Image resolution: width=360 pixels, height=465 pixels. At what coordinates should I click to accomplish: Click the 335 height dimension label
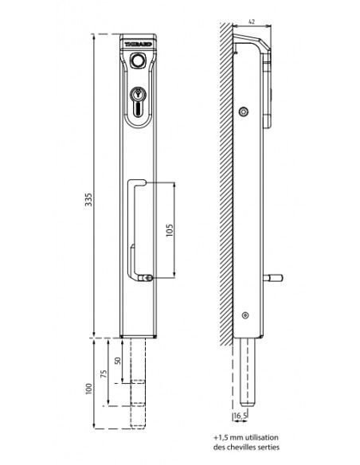(88, 200)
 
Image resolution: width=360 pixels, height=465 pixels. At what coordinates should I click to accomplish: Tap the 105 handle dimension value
(170, 230)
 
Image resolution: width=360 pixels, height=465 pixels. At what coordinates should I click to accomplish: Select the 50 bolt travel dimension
(118, 361)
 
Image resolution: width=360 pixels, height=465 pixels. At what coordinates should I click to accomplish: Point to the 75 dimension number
(104, 373)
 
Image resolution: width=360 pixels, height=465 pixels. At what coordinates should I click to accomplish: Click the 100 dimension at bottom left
(88, 389)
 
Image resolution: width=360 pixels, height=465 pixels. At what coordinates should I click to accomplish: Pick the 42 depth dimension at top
(252, 21)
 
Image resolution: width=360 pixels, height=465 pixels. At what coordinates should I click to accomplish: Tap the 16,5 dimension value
(241, 416)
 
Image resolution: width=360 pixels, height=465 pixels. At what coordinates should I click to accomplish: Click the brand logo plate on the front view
(139, 44)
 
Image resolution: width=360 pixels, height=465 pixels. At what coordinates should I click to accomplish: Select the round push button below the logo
(137, 61)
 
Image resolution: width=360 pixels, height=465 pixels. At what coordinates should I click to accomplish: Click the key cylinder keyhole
(138, 94)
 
